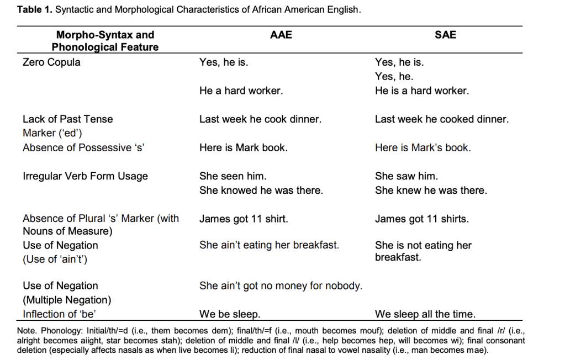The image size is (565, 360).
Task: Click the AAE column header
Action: tap(281, 35)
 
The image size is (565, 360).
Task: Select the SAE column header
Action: tap(445, 35)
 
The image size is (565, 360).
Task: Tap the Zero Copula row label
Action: tap(51, 62)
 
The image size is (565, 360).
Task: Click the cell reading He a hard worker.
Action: tap(241, 91)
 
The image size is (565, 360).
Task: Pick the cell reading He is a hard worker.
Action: tap(422, 91)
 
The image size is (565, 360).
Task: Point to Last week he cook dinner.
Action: tap(260, 119)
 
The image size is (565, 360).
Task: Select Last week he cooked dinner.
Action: tap(442, 119)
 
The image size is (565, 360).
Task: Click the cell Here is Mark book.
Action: tap(244, 148)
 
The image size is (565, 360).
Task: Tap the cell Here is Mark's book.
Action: tap(423, 148)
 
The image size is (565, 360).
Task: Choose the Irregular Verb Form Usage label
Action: tap(86, 177)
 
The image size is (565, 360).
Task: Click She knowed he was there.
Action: tap(261, 190)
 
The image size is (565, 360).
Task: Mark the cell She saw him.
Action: tap(406, 176)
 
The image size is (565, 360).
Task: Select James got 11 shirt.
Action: tap(244, 219)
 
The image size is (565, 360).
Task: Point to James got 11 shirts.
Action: tap(422, 219)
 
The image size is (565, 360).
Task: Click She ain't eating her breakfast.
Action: tap(270, 245)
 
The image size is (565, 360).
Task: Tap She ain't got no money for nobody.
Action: tap(281, 286)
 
